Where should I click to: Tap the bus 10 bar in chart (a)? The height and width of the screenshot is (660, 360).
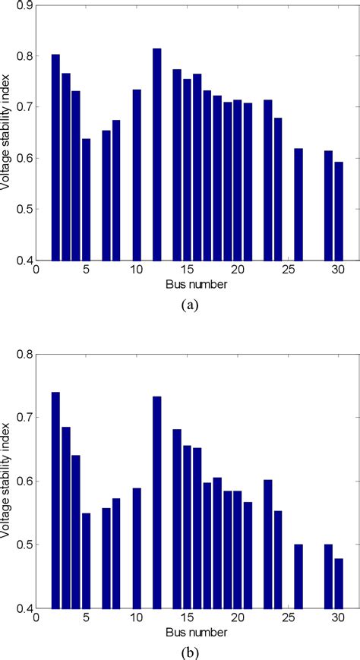coord(137,175)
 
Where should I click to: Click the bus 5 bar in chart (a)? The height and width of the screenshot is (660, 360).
coord(86,199)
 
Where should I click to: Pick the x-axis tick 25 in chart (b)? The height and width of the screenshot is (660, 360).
coord(288,619)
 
